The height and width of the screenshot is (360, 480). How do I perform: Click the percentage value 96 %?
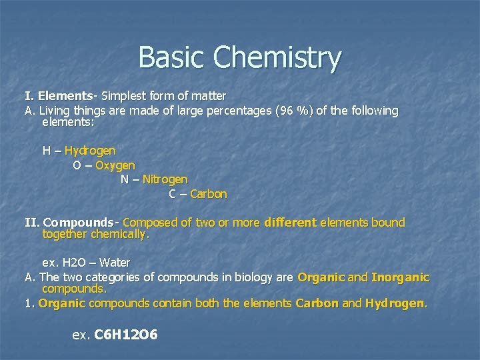tap(294, 111)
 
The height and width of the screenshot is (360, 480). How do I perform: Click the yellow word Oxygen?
tap(115, 165)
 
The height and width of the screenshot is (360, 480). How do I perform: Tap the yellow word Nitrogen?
tap(165, 179)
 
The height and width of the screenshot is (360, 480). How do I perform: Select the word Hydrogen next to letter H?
tap(90, 150)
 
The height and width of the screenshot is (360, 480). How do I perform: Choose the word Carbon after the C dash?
tap(209, 194)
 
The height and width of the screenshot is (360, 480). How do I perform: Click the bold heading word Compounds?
tap(79, 222)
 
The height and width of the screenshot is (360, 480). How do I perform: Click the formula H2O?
tap(77, 262)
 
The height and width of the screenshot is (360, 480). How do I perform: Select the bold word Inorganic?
tap(401, 277)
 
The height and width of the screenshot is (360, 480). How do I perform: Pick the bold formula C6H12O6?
tap(126, 334)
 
